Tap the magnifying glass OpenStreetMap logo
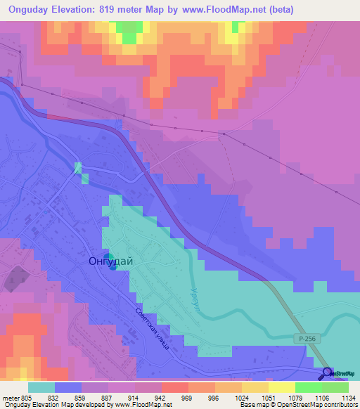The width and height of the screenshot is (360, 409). point(327,373)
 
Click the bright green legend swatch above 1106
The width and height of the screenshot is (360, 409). point(308,387)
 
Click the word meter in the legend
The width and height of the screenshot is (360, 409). point(11,396)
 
